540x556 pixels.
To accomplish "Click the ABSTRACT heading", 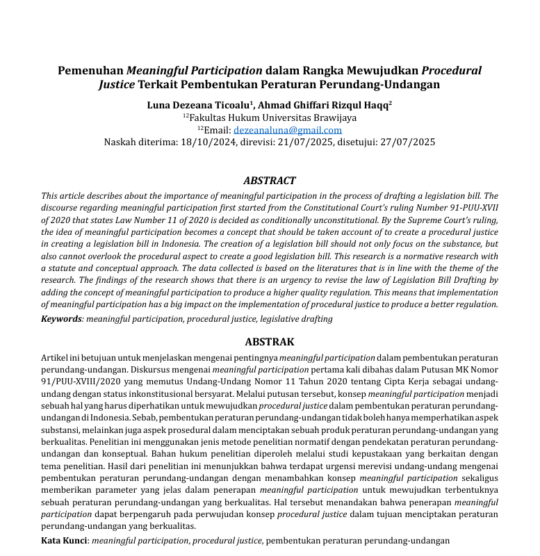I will point(270,181).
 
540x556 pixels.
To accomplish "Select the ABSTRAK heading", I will point(270,342).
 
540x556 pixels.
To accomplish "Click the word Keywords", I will point(62,319).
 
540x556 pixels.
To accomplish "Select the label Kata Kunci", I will point(64,540).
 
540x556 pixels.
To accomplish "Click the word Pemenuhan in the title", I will point(90,71).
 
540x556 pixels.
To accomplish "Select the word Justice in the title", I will point(117,85).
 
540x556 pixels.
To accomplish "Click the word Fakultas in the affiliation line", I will point(212,118).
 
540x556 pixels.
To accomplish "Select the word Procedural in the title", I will point(452,71).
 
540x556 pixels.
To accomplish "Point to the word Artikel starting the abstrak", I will point(57,357).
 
